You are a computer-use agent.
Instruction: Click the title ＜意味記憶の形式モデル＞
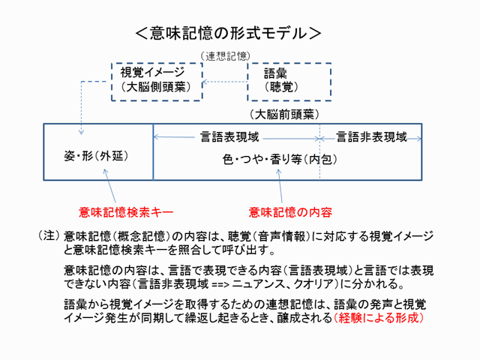pyautogui.click(x=229, y=34)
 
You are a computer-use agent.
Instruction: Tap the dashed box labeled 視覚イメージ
pyautogui.click(x=157, y=80)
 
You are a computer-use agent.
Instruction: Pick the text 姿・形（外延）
pyautogui.click(x=98, y=157)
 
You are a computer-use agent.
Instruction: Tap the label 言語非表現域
pyautogui.click(x=371, y=137)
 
